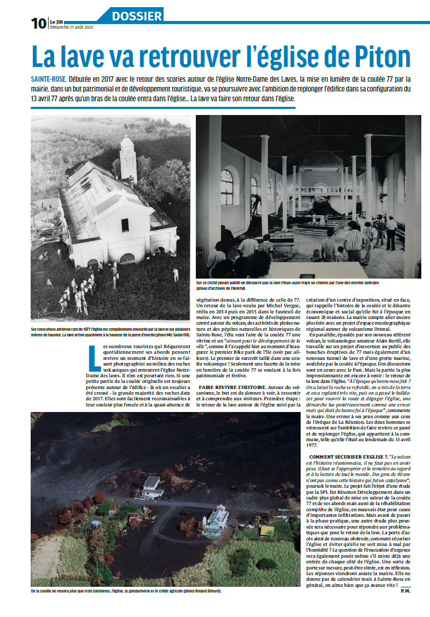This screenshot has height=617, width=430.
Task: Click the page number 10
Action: point(38,23)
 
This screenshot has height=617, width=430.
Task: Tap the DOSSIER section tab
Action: point(137,15)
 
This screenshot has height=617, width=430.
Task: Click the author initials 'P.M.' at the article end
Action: point(405,591)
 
